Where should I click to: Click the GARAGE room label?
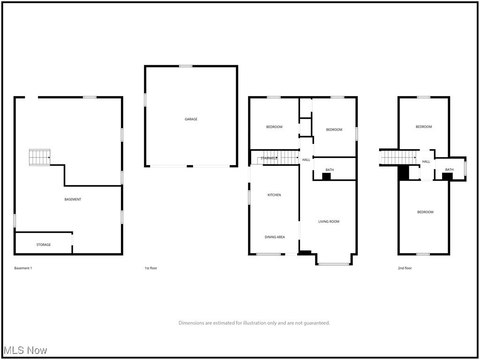coord(191,119)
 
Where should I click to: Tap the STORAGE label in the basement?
coord(44,245)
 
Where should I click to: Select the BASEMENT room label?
coord(73,199)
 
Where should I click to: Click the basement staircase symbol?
coord(39,157)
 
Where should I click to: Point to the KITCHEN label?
coord(274,195)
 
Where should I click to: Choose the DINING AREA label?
coord(275,237)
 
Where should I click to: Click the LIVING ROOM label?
coord(329,222)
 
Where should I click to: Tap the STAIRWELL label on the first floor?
coord(269,158)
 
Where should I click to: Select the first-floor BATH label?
coord(330,170)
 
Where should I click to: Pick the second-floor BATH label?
coord(449,170)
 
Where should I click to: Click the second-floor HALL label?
coord(426,162)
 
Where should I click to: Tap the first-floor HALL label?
coord(306,160)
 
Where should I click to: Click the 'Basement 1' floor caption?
coord(23,268)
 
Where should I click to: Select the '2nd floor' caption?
coord(405,268)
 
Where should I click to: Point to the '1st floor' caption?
coord(151,268)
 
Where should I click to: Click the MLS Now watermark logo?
coord(25,350)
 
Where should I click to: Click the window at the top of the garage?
coord(186,66)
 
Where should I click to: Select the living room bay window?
coord(334,264)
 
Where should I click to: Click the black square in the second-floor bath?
coord(447,176)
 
